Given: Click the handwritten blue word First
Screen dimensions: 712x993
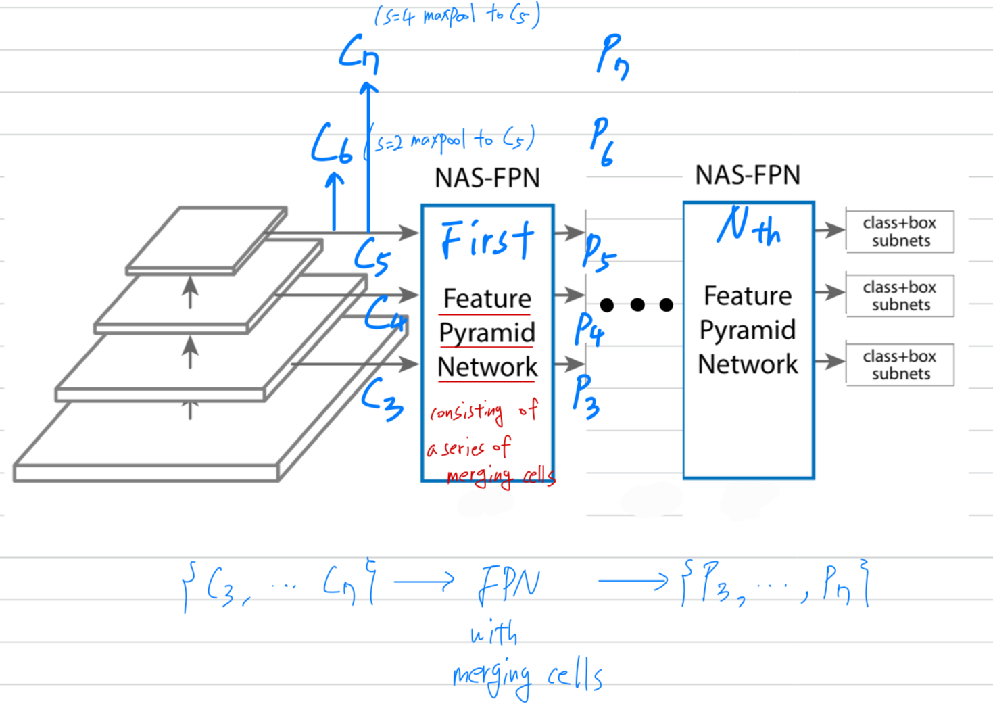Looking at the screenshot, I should (x=487, y=239).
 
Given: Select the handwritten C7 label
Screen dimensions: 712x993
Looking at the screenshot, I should (x=359, y=54).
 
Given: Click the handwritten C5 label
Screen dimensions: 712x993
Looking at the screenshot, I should (x=372, y=256).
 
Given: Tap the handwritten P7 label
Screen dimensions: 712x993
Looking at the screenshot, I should (x=612, y=57).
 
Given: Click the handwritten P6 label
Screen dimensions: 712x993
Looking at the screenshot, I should (x=602, y=141).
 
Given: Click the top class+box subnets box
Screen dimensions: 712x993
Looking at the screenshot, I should (x=900, y=231).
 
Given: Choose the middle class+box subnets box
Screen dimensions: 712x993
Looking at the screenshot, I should (x=900, y=295).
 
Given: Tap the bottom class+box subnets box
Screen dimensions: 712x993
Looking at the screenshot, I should (x=900, y=364).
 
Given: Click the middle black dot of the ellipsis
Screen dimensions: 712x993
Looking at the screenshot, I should (x=637, y=305).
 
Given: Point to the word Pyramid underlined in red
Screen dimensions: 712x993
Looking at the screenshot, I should (x=487, y=333).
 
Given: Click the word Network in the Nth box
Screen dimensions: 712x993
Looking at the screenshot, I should (x=748, y=364).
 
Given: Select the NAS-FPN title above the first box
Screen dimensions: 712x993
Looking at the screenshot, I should (x=487, y=178).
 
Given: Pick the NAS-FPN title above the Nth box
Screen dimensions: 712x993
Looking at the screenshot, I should (x=748, y=175).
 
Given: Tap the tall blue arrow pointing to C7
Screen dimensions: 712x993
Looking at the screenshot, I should (x=368, y=156).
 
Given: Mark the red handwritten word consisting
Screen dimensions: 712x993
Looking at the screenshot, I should (x=467, y=412).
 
